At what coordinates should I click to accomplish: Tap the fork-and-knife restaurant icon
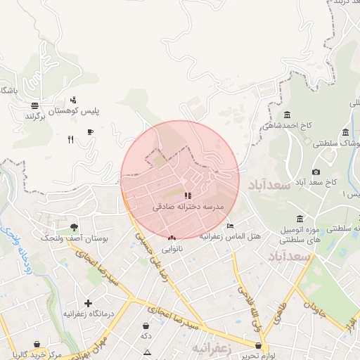tap(70, 139)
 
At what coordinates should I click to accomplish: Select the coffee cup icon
tap(90, 132)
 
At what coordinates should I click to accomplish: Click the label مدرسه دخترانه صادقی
tap(188, 207)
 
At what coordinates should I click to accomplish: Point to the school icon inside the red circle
tap(188, 195)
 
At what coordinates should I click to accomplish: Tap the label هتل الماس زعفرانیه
tap(229, 236)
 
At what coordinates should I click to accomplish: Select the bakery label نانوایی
tap(172, 248)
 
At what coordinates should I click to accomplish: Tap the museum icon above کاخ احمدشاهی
tap(287, 115)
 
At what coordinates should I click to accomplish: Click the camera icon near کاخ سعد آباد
tap(316, 172)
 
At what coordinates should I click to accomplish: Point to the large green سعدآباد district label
tap(268, 186)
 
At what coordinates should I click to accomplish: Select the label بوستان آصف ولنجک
tap(74, 239)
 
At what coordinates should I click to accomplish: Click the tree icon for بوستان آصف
tap(74, 227)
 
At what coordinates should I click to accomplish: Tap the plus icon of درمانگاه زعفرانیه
tap(88, 302)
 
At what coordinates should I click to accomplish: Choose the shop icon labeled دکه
tap(146, 326)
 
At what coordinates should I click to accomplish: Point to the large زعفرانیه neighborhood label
tap(211, 348)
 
